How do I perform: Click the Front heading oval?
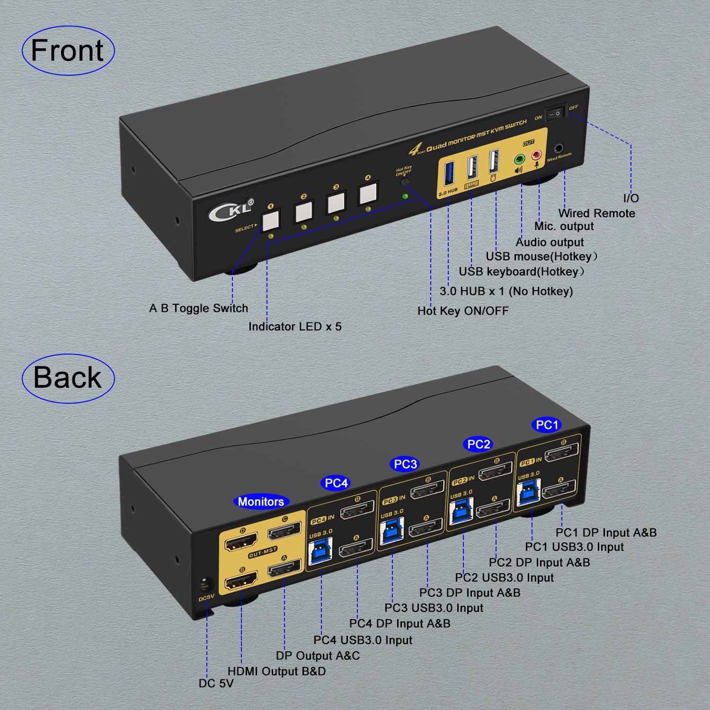click(68, 50)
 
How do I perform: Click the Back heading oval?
click(68, 378)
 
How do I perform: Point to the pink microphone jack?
click(536, 155)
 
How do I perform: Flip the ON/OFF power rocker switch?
click(556, 113)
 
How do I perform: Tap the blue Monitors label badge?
click(261, 502)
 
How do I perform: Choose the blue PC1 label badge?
click(547, 425)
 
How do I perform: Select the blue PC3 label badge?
click(405, 464)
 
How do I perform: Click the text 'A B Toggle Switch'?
click(198, 309)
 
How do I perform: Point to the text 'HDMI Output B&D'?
click(276, 671)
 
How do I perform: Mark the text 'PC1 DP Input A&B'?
click(606, 532)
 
